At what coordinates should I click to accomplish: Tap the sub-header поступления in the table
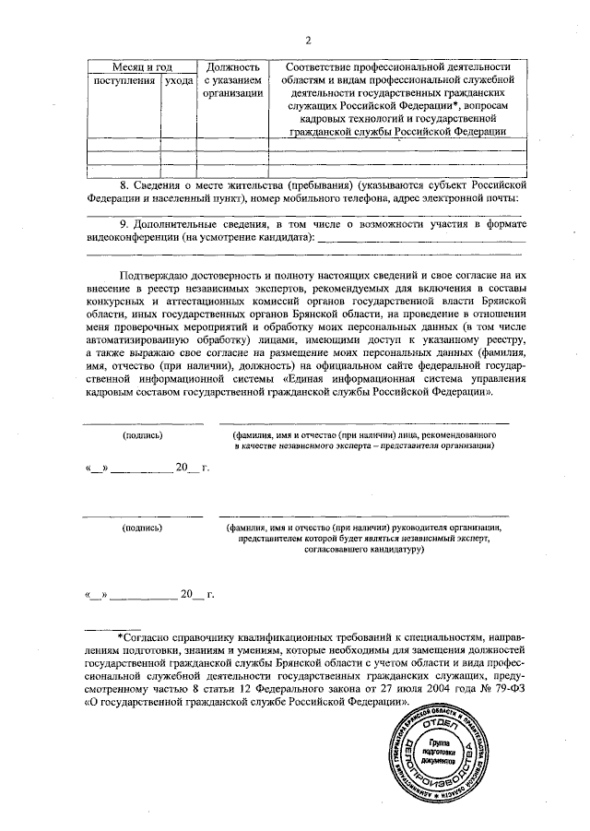tap(124, 82)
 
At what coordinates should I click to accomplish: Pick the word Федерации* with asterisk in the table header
tap(417, 107)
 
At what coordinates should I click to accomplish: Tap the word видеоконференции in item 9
tap(132, 238)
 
